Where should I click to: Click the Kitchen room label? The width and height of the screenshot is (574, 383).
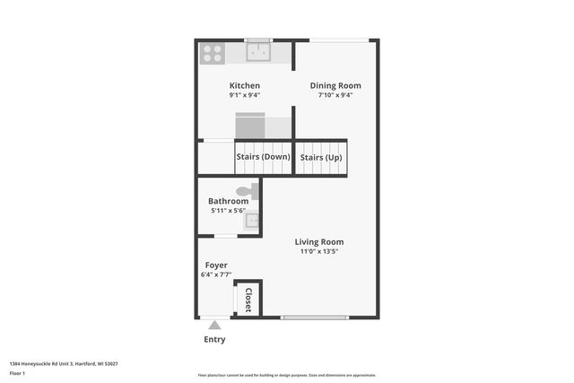(244, 86)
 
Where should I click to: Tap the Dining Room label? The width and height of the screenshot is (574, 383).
(335, 86)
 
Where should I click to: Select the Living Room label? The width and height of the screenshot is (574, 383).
(320, 241)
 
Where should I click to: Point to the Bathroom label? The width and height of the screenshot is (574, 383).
(228, 201)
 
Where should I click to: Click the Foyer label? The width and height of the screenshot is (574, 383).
(216, 265)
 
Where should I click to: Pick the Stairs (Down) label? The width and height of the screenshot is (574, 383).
(263, 157)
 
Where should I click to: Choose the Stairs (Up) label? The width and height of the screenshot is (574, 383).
(320, 157)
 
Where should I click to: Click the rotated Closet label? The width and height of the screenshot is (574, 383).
(248, 299)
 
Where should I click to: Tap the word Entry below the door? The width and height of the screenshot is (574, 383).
(215, 340)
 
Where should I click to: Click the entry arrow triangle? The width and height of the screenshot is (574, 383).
(213, 326)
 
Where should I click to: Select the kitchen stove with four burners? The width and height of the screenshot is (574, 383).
(213, 53)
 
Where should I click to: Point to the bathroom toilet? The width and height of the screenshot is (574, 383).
(246, 191)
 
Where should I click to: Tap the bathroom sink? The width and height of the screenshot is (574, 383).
(252, 220)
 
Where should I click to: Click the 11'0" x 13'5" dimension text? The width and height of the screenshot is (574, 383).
(319, 252)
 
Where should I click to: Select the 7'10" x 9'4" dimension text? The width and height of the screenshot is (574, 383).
(335, 95)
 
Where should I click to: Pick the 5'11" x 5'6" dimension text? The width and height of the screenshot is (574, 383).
(228, 211)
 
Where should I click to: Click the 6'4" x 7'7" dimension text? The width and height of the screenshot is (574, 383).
(216, 275)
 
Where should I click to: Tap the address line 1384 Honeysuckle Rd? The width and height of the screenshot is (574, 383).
(64, 363)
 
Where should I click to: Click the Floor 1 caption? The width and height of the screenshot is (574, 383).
(17, 372)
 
